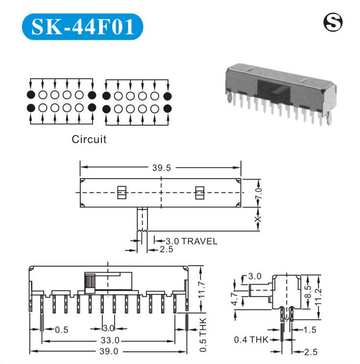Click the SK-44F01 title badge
[x=82, y=26]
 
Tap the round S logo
[x=333, y=22]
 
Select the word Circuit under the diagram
[x=89, y=139]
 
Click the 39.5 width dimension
[x=161, y=168]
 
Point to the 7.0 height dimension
[x=258, y=193]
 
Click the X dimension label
[x=258, y=219]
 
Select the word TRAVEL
[x=199, y=241]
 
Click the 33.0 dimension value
[x=110, y=341]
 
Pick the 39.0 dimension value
[x=109, y=351]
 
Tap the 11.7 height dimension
[x=202, y=289]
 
